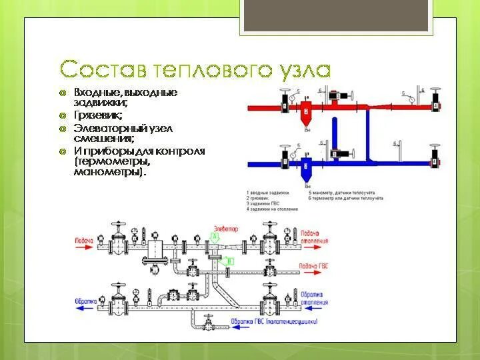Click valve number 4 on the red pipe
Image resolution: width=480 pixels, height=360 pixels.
(435, 105)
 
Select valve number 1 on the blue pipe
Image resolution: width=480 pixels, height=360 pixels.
(285, 161)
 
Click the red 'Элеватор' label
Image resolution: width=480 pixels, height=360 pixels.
(224, 229)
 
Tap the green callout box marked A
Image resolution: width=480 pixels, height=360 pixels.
(215, 237)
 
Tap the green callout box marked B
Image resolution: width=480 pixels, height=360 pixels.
(229, 262)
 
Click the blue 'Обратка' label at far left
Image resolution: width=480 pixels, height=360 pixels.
(84, 294)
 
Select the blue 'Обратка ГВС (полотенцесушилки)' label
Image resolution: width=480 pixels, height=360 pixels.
(273, 321)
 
